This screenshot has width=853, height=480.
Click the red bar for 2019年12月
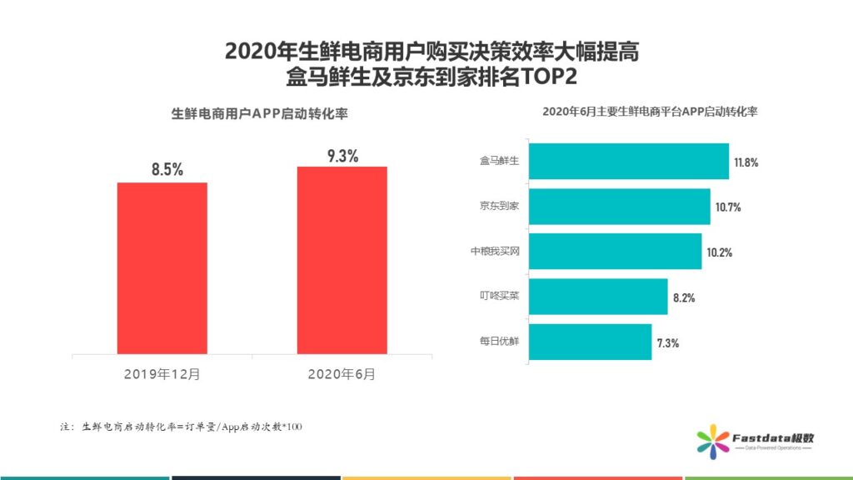[x=162, y=267]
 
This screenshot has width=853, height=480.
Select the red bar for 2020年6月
[x=342, y=260]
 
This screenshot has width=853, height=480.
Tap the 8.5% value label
[x=167, y=170]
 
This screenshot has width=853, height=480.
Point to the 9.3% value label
[x=342, y=156]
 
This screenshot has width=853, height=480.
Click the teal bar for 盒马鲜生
[x=629, y=162]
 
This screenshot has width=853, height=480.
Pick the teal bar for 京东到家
[x=620, y=207]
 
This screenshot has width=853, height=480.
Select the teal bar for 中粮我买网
[x=616, y=252]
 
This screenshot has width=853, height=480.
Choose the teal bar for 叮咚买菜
[x=598, y=297]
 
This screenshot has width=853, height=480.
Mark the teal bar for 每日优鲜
[x=591, y=342]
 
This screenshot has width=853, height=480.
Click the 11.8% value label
[x=746, y=162]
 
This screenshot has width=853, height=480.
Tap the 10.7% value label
[x=728, y=207]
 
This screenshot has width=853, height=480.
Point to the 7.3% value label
[x=668, y=342]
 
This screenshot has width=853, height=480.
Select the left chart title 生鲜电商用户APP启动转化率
[x=259, y=115]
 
